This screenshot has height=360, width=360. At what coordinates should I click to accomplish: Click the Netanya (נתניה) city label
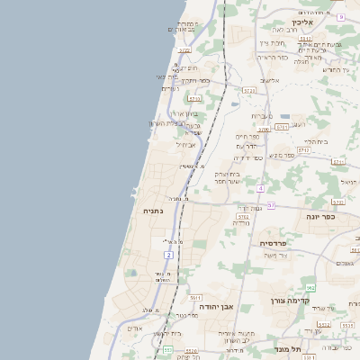coord(152,211)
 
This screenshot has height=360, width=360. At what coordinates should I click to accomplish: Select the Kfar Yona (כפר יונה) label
coord(320,217)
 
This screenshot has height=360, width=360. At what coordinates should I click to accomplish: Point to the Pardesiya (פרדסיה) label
coord(274,244)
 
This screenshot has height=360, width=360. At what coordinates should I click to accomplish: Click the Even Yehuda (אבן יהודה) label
coord(219,307)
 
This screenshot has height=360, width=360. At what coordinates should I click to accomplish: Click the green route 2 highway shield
coord(168,255)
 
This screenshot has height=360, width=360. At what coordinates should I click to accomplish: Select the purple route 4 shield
coord(260,188)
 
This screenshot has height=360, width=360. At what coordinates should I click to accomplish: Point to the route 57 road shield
coord(271,206)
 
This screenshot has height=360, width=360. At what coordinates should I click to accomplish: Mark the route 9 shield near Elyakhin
coord(341,17)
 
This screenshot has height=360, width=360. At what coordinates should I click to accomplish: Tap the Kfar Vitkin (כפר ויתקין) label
coord(194,80)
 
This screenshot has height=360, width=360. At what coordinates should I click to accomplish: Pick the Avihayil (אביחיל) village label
coord(186,144)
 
